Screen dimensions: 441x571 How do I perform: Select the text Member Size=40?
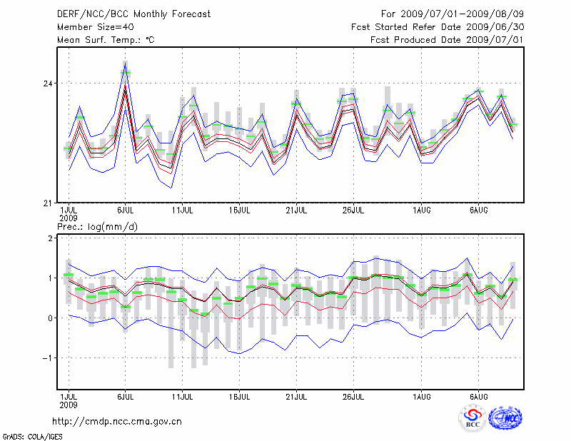(x=89, y=27)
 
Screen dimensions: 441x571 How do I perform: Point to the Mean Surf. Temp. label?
(x=106, y=40)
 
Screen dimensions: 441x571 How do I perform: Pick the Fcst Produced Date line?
(x=447, y=40)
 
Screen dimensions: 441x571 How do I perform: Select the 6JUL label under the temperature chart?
(x=126, y=211)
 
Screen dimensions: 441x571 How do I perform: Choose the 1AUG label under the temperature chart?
(x=421, y=211)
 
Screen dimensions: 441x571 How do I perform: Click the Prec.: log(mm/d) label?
(x=96, y=227)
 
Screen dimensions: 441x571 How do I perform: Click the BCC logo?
(x=472, y=418)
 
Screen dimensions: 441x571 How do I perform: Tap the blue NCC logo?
(x=505, y=418)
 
